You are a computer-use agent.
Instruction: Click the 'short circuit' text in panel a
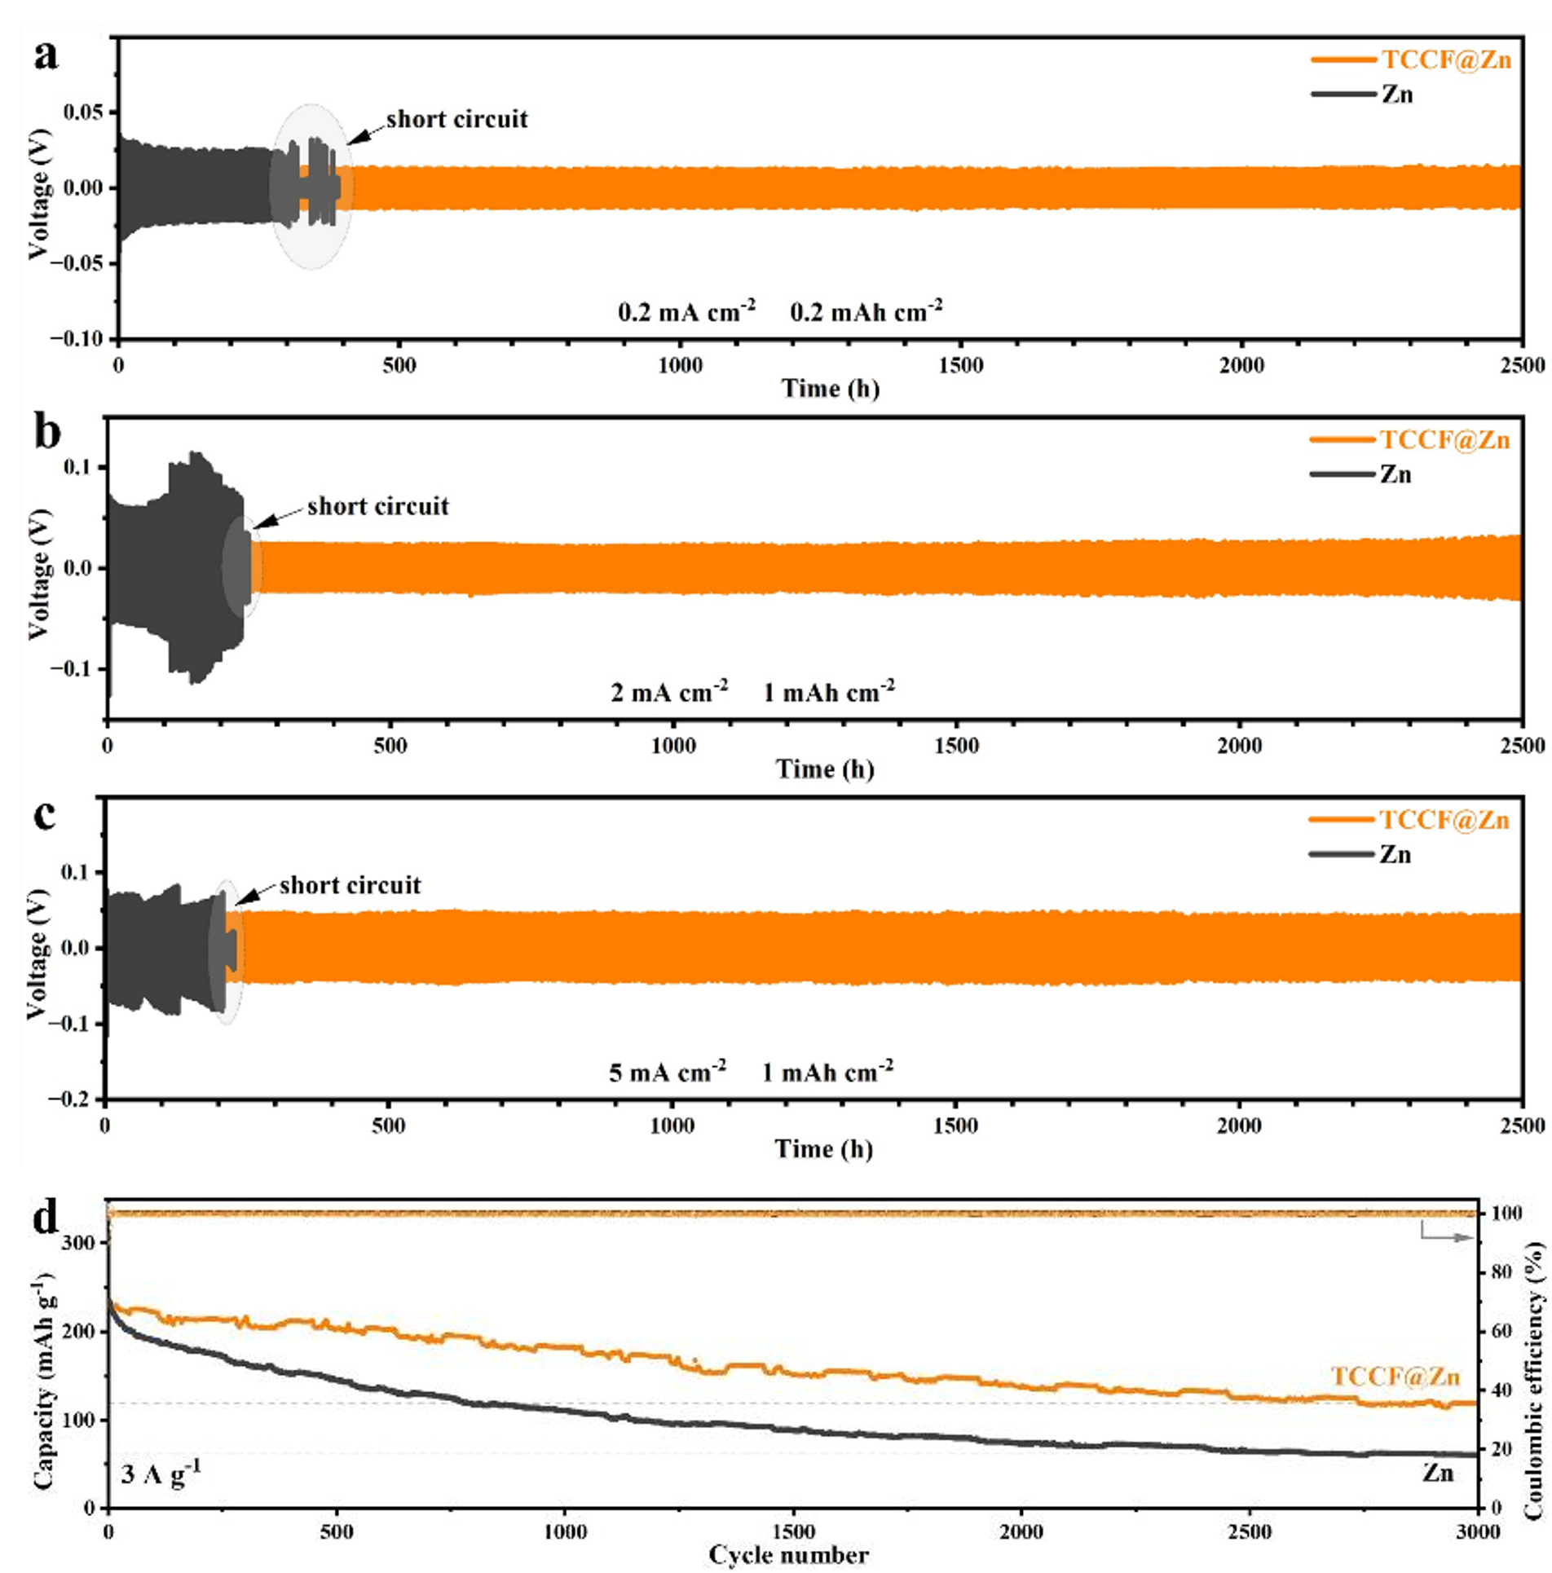456,119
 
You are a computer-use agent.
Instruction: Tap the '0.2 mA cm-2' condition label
686,311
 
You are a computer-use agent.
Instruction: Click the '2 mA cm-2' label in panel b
669,692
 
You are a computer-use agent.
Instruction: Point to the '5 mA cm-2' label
668,1072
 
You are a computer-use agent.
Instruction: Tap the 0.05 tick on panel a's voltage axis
84,112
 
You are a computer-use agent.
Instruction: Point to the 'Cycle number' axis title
788,1555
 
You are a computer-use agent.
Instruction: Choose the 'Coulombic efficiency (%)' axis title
1534,1369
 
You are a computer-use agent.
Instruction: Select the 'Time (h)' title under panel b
824,769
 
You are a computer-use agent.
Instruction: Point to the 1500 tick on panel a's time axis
960,364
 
